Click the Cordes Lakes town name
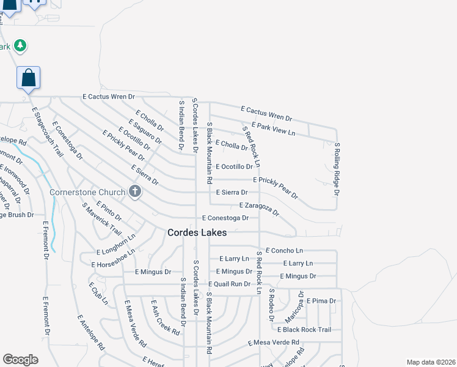pyautogui.click(x=197, y=233)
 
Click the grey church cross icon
pyautogui.click(x=135, y=192)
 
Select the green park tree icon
pyautogui.click(x=20, y=45)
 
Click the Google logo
pyautogui.click(x=20, y=360)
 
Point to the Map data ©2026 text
pyautogui.click(x=431, y=362)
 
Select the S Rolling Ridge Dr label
pyautogui.click(x=337, y=169)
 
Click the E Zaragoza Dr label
pyautogui.click(x=259, y=209)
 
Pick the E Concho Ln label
pyautogui.click(x=284, y=251)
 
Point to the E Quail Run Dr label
pyautogui.click(x=229, y=284)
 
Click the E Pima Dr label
pyautogui.click(x=321, y=301)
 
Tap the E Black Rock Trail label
pyautogui.click(x=304, y=330)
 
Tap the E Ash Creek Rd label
pyautogui.click(x=166, y=317)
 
